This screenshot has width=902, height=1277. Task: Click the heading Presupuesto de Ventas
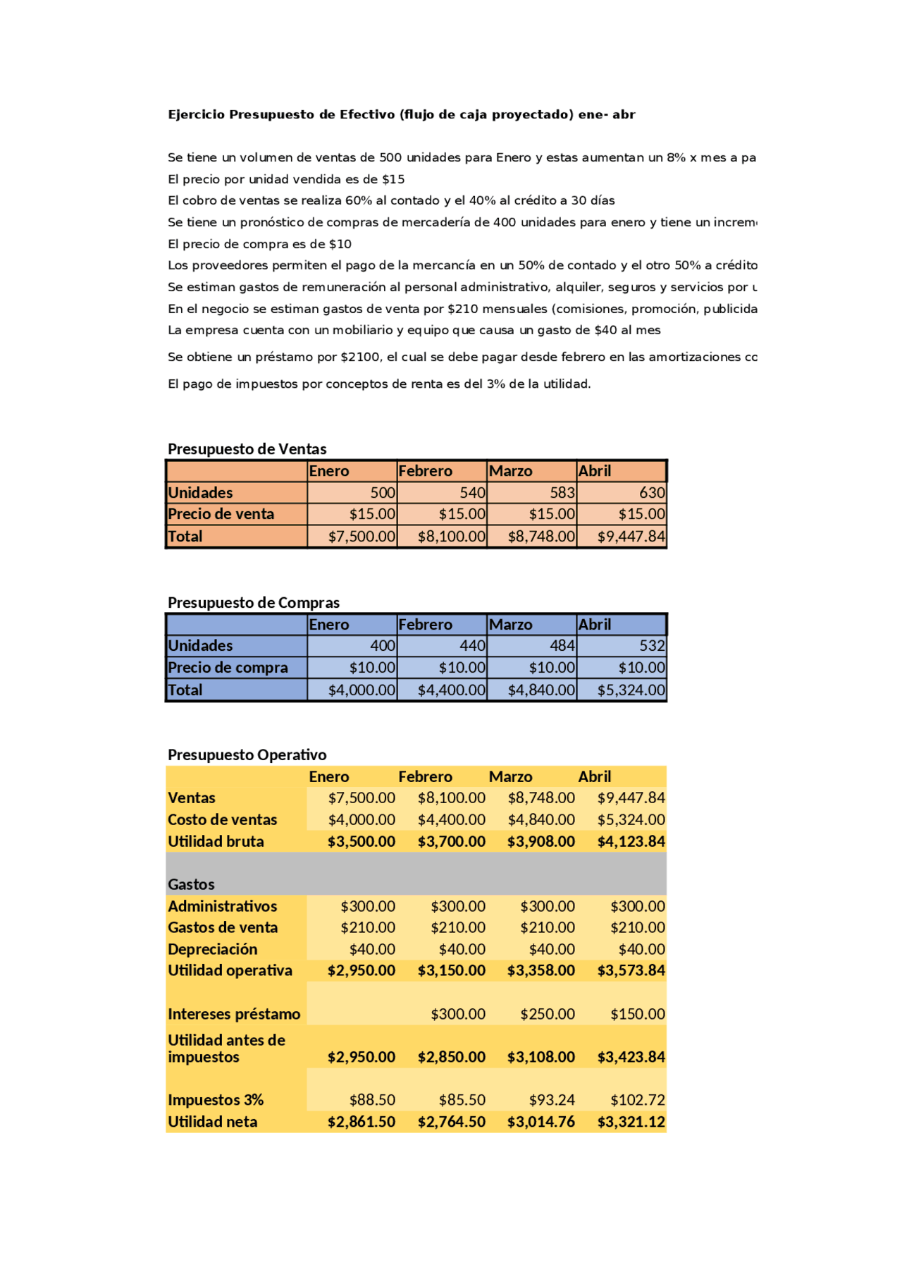click(x=247, y=449)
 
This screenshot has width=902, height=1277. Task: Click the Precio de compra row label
click(x=228, y=667)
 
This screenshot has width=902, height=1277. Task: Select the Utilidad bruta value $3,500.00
click(x=362, y=841)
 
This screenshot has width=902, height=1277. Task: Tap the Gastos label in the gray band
click(x=191, y=884)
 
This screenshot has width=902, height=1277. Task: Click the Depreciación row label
click(x=212, y=949)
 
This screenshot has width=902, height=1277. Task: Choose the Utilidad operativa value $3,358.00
click(x=541, y=970)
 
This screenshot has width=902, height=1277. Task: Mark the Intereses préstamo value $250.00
click(x=548, y=1014)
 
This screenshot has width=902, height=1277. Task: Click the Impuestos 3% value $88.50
click(x=372, y=1100)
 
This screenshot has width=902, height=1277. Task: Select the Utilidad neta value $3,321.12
click(x=631, y=1121)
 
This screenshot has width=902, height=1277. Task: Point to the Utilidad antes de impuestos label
click(x=226, y=1049)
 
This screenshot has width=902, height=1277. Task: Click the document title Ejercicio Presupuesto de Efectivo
click(x=401, y=114)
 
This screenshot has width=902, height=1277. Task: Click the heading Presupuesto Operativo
click(x=247, y=754)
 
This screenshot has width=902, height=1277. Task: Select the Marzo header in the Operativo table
click(x=510, y=776)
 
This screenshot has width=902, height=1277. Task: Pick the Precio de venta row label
click(x=221, y=514)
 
